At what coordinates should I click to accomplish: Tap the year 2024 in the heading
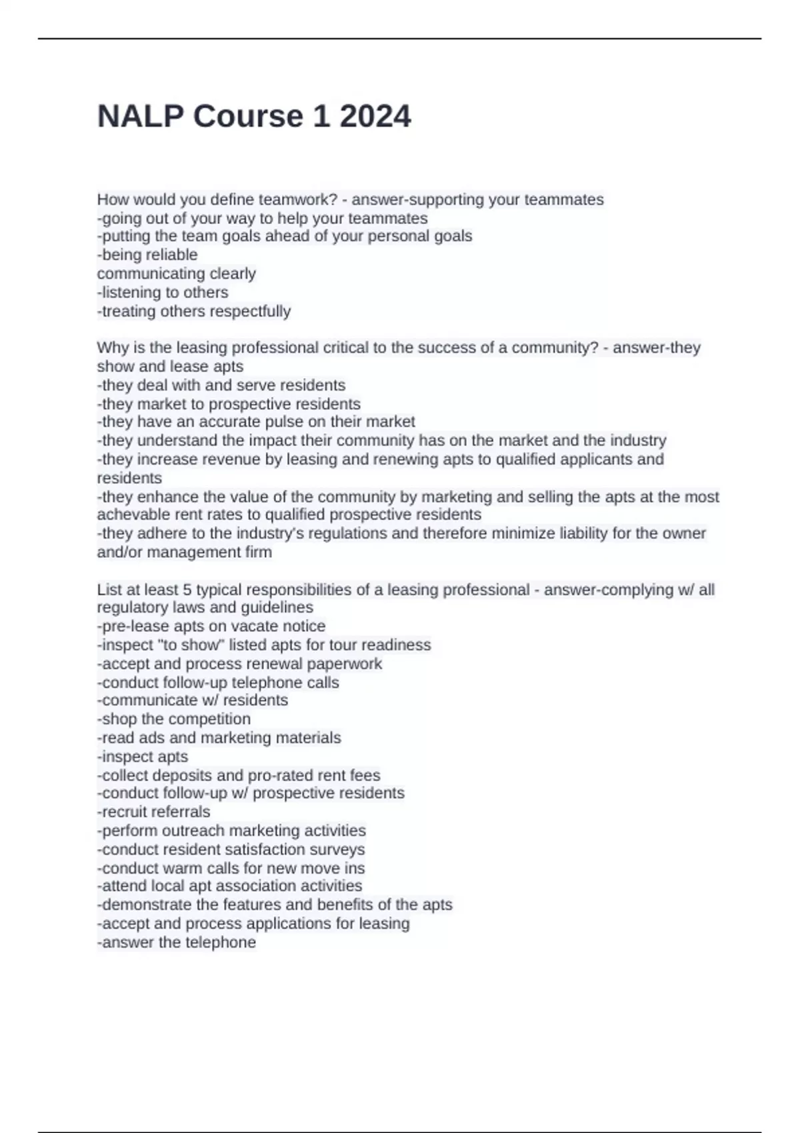point(375,117)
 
